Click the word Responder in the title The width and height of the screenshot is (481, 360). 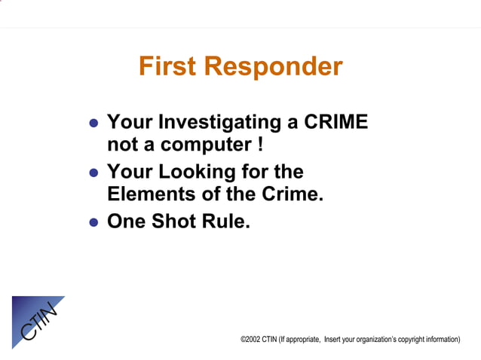coord(274,67)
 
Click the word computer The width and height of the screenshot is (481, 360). coord(196,143)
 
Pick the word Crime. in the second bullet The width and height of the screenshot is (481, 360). coord(292,194)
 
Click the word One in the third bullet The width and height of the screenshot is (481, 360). coord(126,221)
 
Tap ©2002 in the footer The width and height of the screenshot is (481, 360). coord(250,340)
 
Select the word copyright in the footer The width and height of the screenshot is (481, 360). coord(421,340)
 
